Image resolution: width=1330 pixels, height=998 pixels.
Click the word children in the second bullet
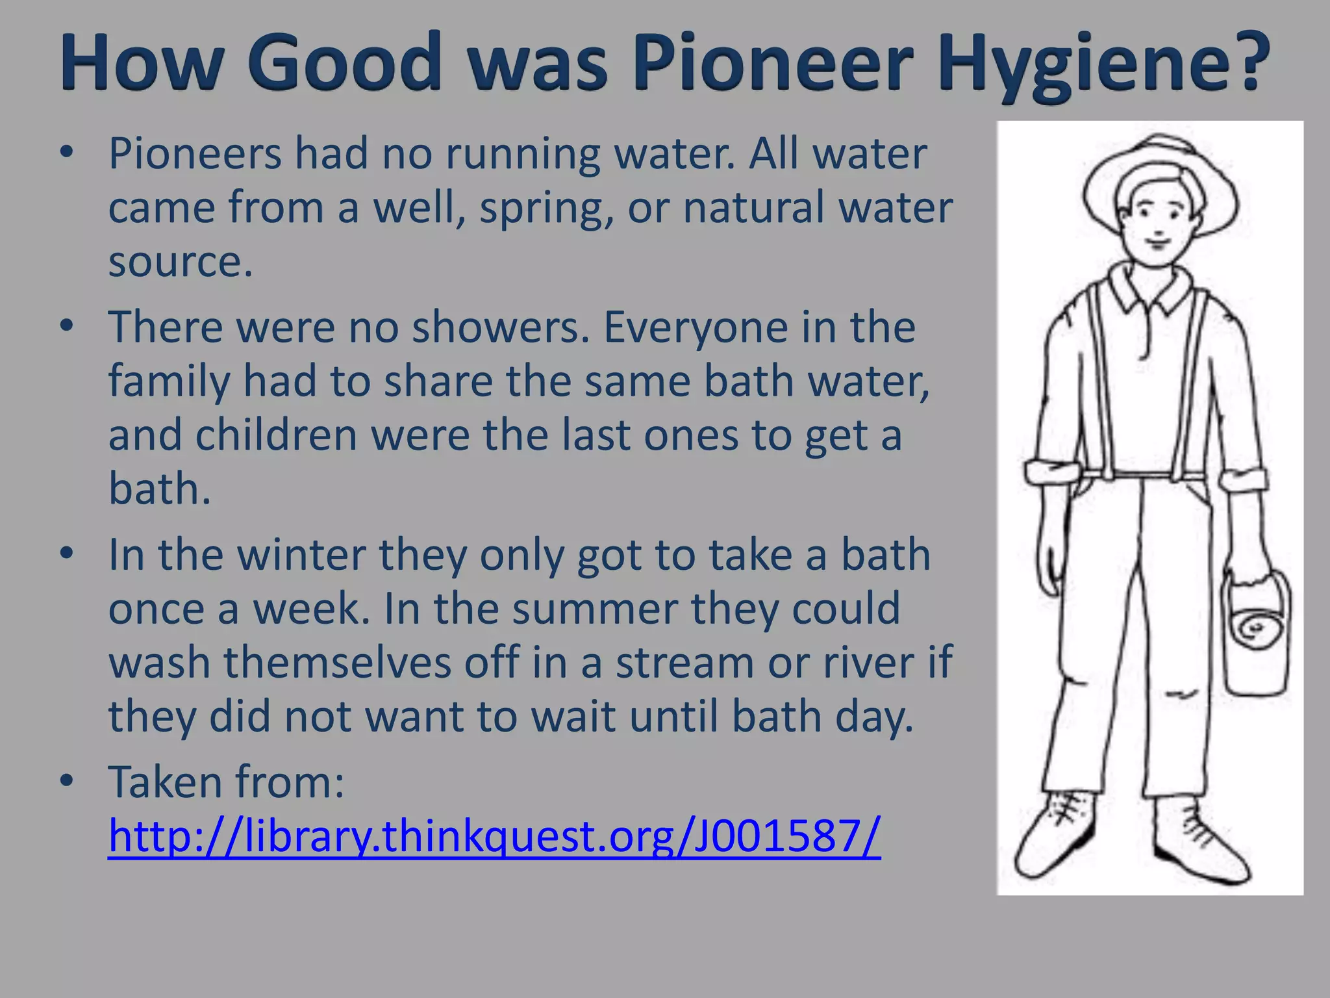pos(276,435)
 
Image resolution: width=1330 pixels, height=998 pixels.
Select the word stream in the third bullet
pos(684,663)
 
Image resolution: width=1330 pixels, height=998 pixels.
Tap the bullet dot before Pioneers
pos(66,153)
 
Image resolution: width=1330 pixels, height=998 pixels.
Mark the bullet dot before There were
pos(66,327)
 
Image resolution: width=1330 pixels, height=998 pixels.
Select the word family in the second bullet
pos(169,382)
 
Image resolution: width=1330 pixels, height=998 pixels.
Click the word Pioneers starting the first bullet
pos(195,155)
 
